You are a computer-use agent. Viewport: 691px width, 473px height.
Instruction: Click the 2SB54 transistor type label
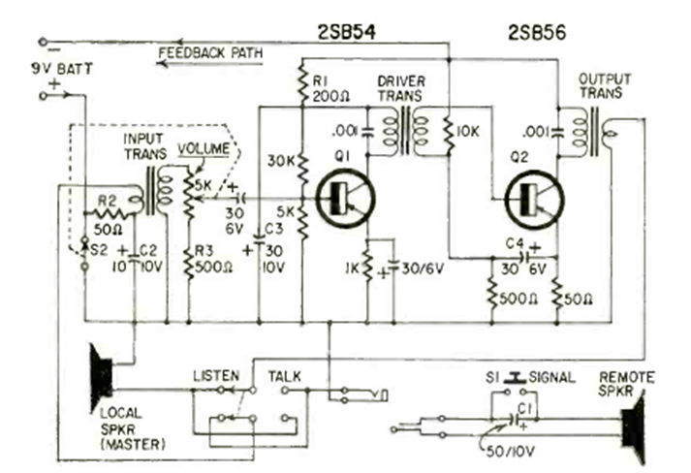tap(333, 37)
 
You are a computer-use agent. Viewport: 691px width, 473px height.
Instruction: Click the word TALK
tap(284, 374)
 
